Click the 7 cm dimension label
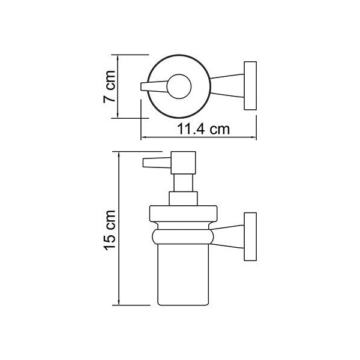[109, 86]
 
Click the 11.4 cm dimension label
[203, 130]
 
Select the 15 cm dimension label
[109, 230]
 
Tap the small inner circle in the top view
[179, 86]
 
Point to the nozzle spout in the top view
[154, 86]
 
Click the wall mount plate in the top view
[250, 85]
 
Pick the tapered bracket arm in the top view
[227, 86]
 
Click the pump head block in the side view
[183, 163]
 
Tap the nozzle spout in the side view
[157, 163]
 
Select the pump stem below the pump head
[183, 183]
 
